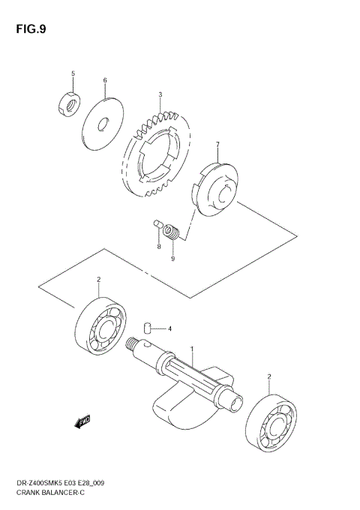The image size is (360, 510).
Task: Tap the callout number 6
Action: coord(105,80)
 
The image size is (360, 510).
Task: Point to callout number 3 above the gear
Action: coord(160,95)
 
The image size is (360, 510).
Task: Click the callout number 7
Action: coord(217,145)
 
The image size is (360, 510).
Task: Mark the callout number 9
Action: coord(172,259)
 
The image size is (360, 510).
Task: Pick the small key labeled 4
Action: coord(148,326)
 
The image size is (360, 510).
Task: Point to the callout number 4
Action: coord(169,328)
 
